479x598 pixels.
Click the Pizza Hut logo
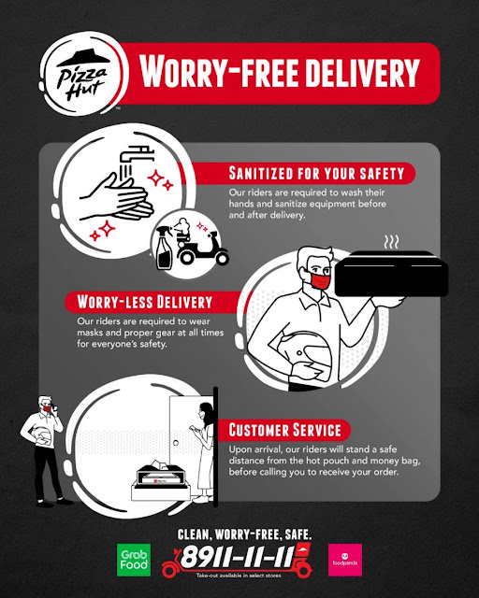pos(83,74)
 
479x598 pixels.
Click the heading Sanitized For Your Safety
pos(316,173)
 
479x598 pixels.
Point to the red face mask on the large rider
pos(320,279)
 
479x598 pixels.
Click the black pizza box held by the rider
pos(392,274)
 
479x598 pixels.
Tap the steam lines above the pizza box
pos(391,241)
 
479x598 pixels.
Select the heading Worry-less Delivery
pos(144,302)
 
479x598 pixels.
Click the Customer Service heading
pos(284,430)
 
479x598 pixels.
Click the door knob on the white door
pos(176,443)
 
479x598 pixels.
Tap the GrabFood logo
pos(134,560)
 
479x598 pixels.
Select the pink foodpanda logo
pos(345,560)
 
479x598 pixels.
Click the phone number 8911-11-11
pos(238,556)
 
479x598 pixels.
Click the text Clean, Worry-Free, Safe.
pos(244,534)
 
